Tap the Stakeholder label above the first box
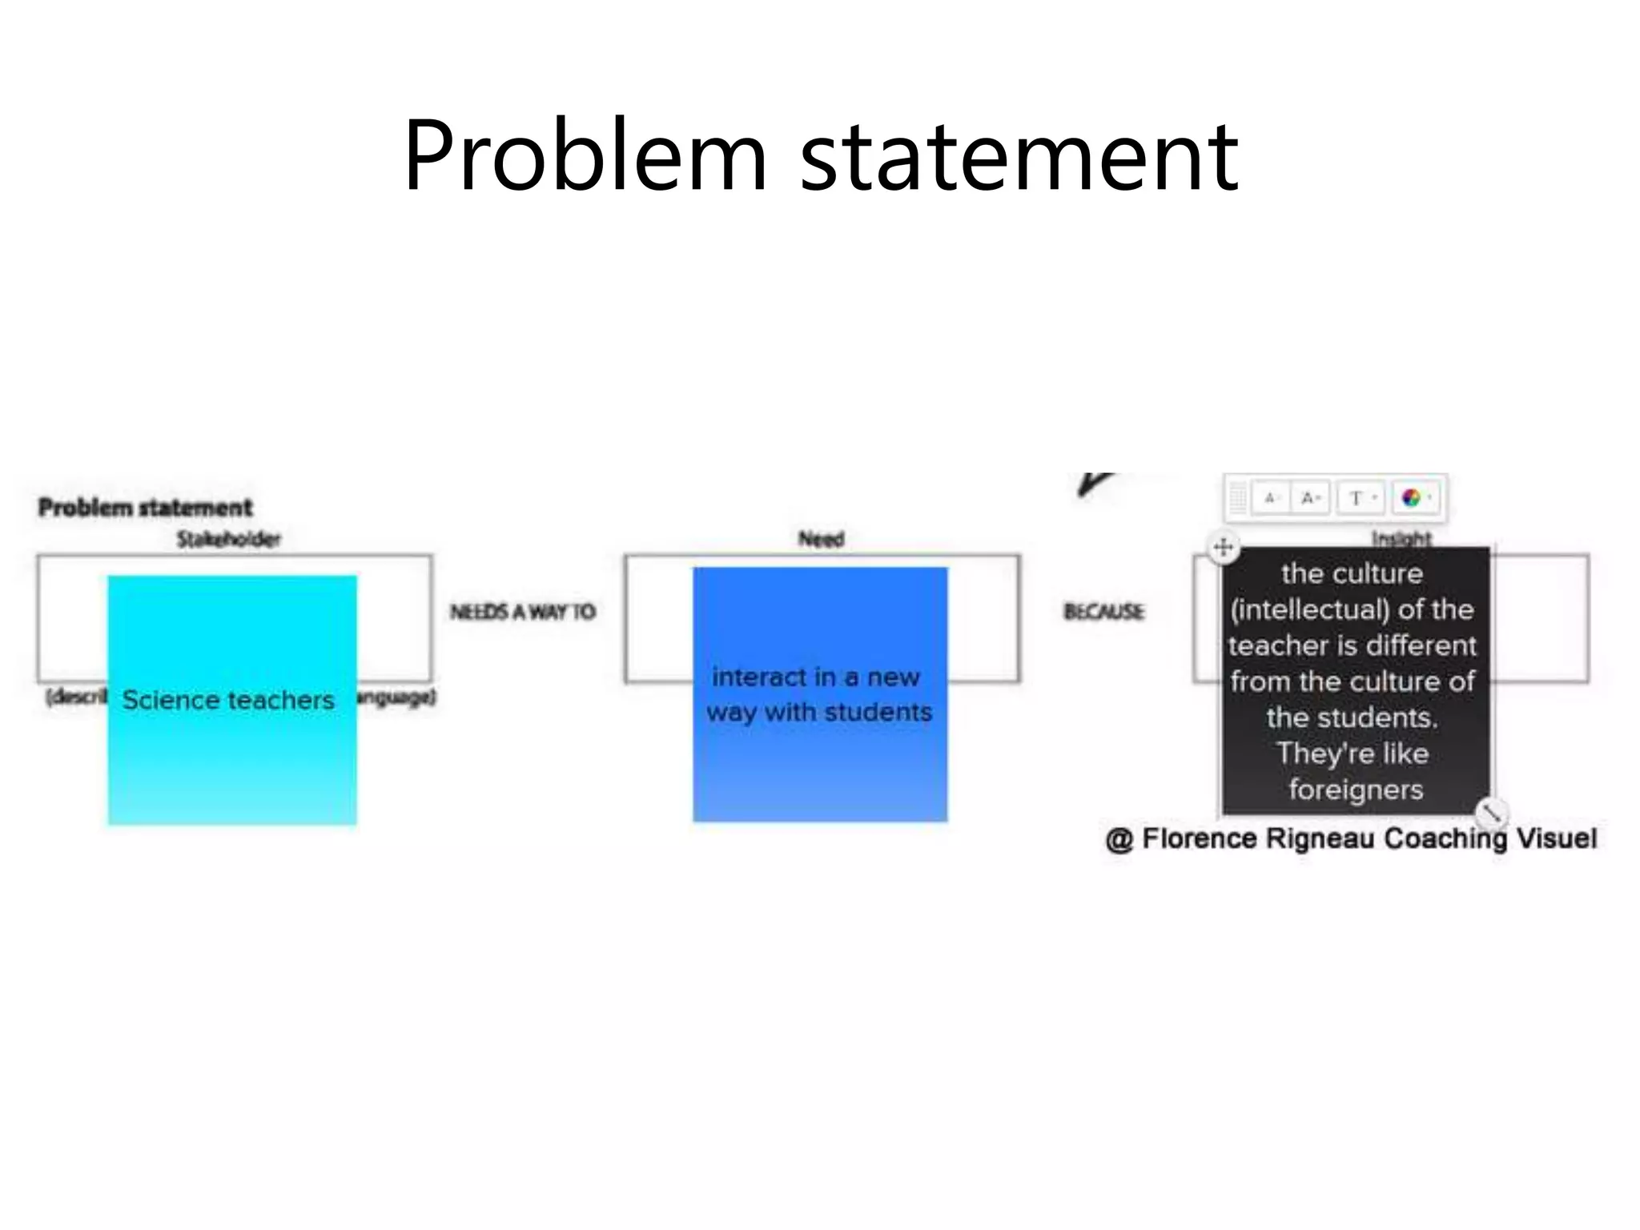click(229, 539)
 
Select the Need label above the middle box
click(821, 539)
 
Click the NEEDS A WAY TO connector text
click(523, 612)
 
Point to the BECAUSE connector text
click(1103, 612)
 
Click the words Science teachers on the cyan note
click(228, 700)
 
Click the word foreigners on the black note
click(1356, 790)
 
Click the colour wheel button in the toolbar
click(1412, 498)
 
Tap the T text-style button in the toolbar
click(1357, 498)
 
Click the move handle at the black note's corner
click(1223, 548)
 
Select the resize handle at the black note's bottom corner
click(1491, 813)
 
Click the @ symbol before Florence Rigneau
click(1119, 840)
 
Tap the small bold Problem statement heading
click(145, 507)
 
